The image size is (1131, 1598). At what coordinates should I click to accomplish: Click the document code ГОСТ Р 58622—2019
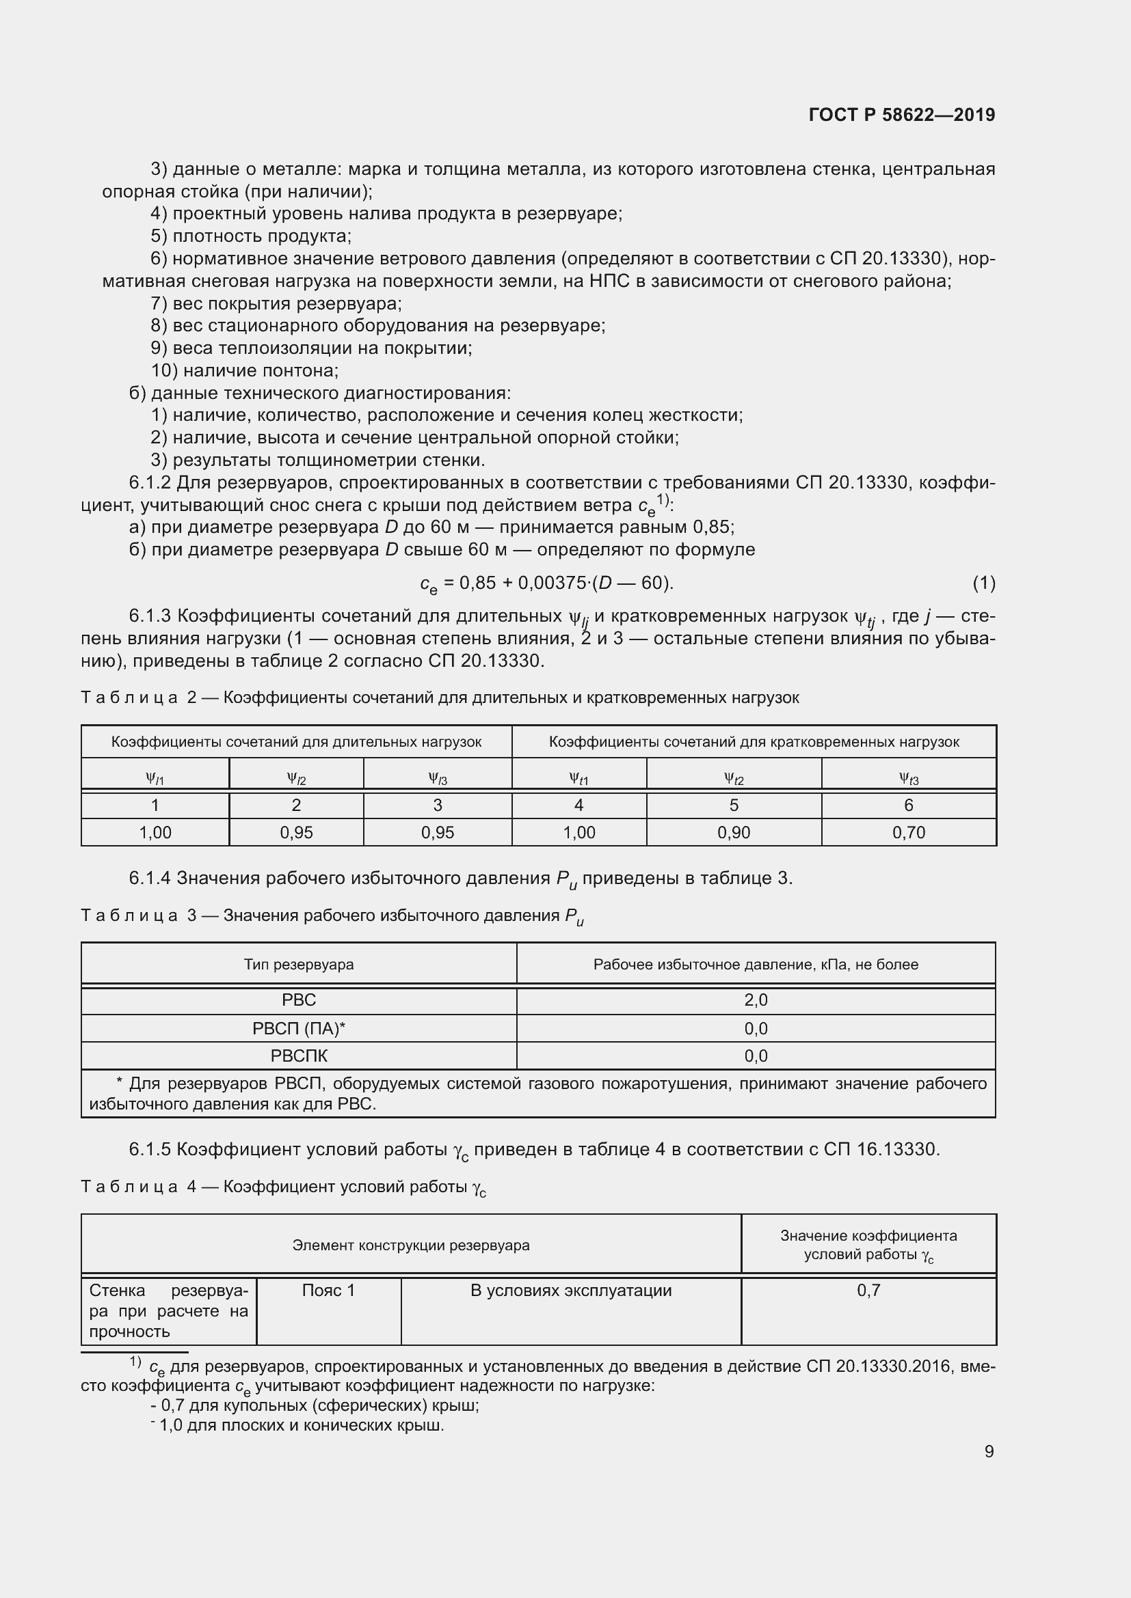(902, 115)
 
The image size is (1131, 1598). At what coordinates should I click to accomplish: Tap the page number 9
(989, 1451)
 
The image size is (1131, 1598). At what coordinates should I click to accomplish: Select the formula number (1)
(983, 583)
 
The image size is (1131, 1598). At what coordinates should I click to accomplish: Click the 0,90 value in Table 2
(733, 832)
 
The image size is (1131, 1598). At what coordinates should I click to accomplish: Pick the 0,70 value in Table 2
(908, 832)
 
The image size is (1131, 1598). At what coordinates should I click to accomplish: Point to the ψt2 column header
(733, 778)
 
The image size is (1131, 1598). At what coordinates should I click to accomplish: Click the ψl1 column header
(155, 778)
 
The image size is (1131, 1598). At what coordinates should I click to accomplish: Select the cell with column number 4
(578, 805)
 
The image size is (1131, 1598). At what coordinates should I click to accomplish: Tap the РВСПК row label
(299, 1056)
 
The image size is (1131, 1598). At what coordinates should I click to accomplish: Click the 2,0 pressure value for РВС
(756, 1000)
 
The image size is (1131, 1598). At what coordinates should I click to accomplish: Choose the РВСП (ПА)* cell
(299, 1028)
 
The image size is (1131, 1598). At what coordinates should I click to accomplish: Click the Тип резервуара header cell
(299, 964)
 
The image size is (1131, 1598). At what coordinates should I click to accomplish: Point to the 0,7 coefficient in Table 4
(868, 1291)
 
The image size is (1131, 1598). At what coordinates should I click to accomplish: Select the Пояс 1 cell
(328, 1291)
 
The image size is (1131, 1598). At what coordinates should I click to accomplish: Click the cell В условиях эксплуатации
(570, 1291)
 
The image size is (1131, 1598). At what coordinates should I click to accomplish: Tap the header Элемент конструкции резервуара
(411, 1245)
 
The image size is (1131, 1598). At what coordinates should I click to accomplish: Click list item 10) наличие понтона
(245, 370)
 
